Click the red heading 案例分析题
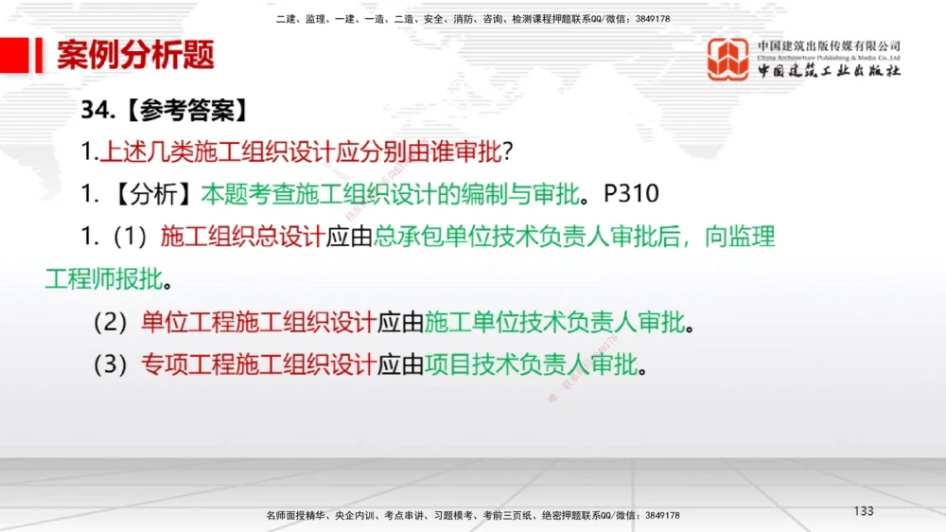[x=135, y=55]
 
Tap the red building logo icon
[x=728, y=59]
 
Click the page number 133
[x=863, y=511]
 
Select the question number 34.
[x=97, y=111]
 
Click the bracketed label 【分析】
[x=150, y=194]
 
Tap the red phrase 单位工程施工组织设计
[x=258, y=323]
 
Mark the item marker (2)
[x=111, y=323]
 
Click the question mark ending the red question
[x=507, y=151]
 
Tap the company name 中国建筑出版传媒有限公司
[x=829, y=45]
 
